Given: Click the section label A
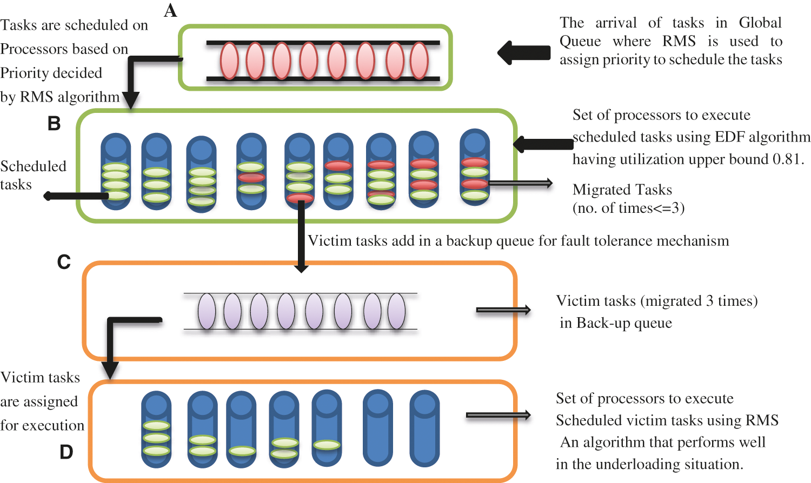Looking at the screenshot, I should point(170,10).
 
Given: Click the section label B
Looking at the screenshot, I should point(54,124).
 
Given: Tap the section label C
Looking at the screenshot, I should point(64,262).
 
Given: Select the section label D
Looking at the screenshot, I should point(66,452).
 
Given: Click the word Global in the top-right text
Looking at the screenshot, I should point(760,23).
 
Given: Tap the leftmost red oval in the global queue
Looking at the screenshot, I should point(229,61).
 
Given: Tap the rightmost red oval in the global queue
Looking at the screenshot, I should point(419,61).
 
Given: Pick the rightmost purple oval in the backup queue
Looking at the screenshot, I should point(396,311).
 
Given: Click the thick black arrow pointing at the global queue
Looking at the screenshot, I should point(523,53).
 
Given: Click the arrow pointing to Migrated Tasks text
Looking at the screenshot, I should point(520,184).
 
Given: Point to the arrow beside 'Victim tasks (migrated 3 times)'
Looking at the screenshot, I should point(503,310).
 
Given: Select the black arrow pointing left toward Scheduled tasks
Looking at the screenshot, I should point(76,196).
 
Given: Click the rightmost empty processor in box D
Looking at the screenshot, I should point(424,428).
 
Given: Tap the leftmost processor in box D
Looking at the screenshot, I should point(156,428).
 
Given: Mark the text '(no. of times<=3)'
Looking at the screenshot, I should point(628,209).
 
